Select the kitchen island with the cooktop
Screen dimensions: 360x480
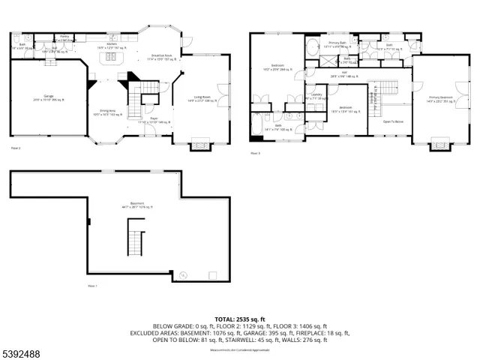click(112, 57)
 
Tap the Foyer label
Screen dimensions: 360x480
click(154, 120)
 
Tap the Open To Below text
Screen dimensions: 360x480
click(393, 121)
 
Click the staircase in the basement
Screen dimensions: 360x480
click(134, 235)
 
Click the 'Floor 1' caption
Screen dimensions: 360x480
click(92, 286)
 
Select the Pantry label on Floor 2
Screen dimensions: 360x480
click(64, 36)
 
